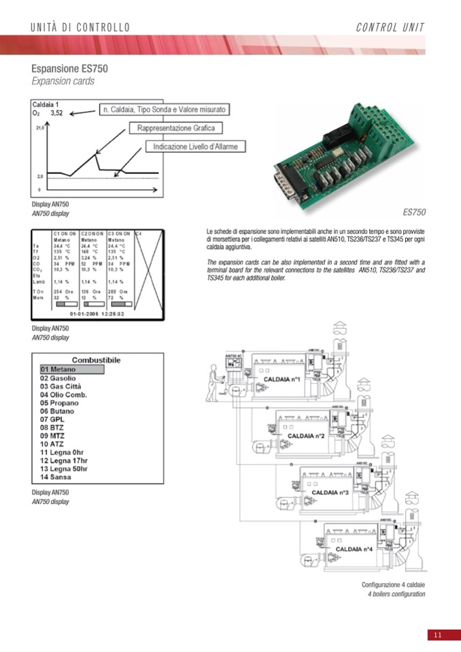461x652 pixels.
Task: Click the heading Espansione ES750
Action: [69, 69]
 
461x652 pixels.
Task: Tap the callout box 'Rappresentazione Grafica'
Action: [175, 128]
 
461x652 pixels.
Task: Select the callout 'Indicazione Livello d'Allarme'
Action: [194, 146]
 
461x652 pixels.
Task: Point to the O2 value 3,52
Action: [56, 114]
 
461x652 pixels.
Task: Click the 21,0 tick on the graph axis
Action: [39, 127]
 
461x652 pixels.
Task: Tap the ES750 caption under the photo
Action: [414, 212]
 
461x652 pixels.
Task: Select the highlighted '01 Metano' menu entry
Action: [71, 369]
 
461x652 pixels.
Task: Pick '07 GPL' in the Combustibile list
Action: [52, 419]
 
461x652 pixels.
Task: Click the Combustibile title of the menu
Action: [96, 359]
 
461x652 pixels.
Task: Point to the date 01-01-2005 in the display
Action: [85, 313]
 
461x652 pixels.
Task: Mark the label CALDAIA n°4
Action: [354, 548]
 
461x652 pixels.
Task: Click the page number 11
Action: [437, 635]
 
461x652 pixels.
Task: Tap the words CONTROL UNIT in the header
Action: [390, 27]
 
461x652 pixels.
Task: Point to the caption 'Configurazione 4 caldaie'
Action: [393, 585]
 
